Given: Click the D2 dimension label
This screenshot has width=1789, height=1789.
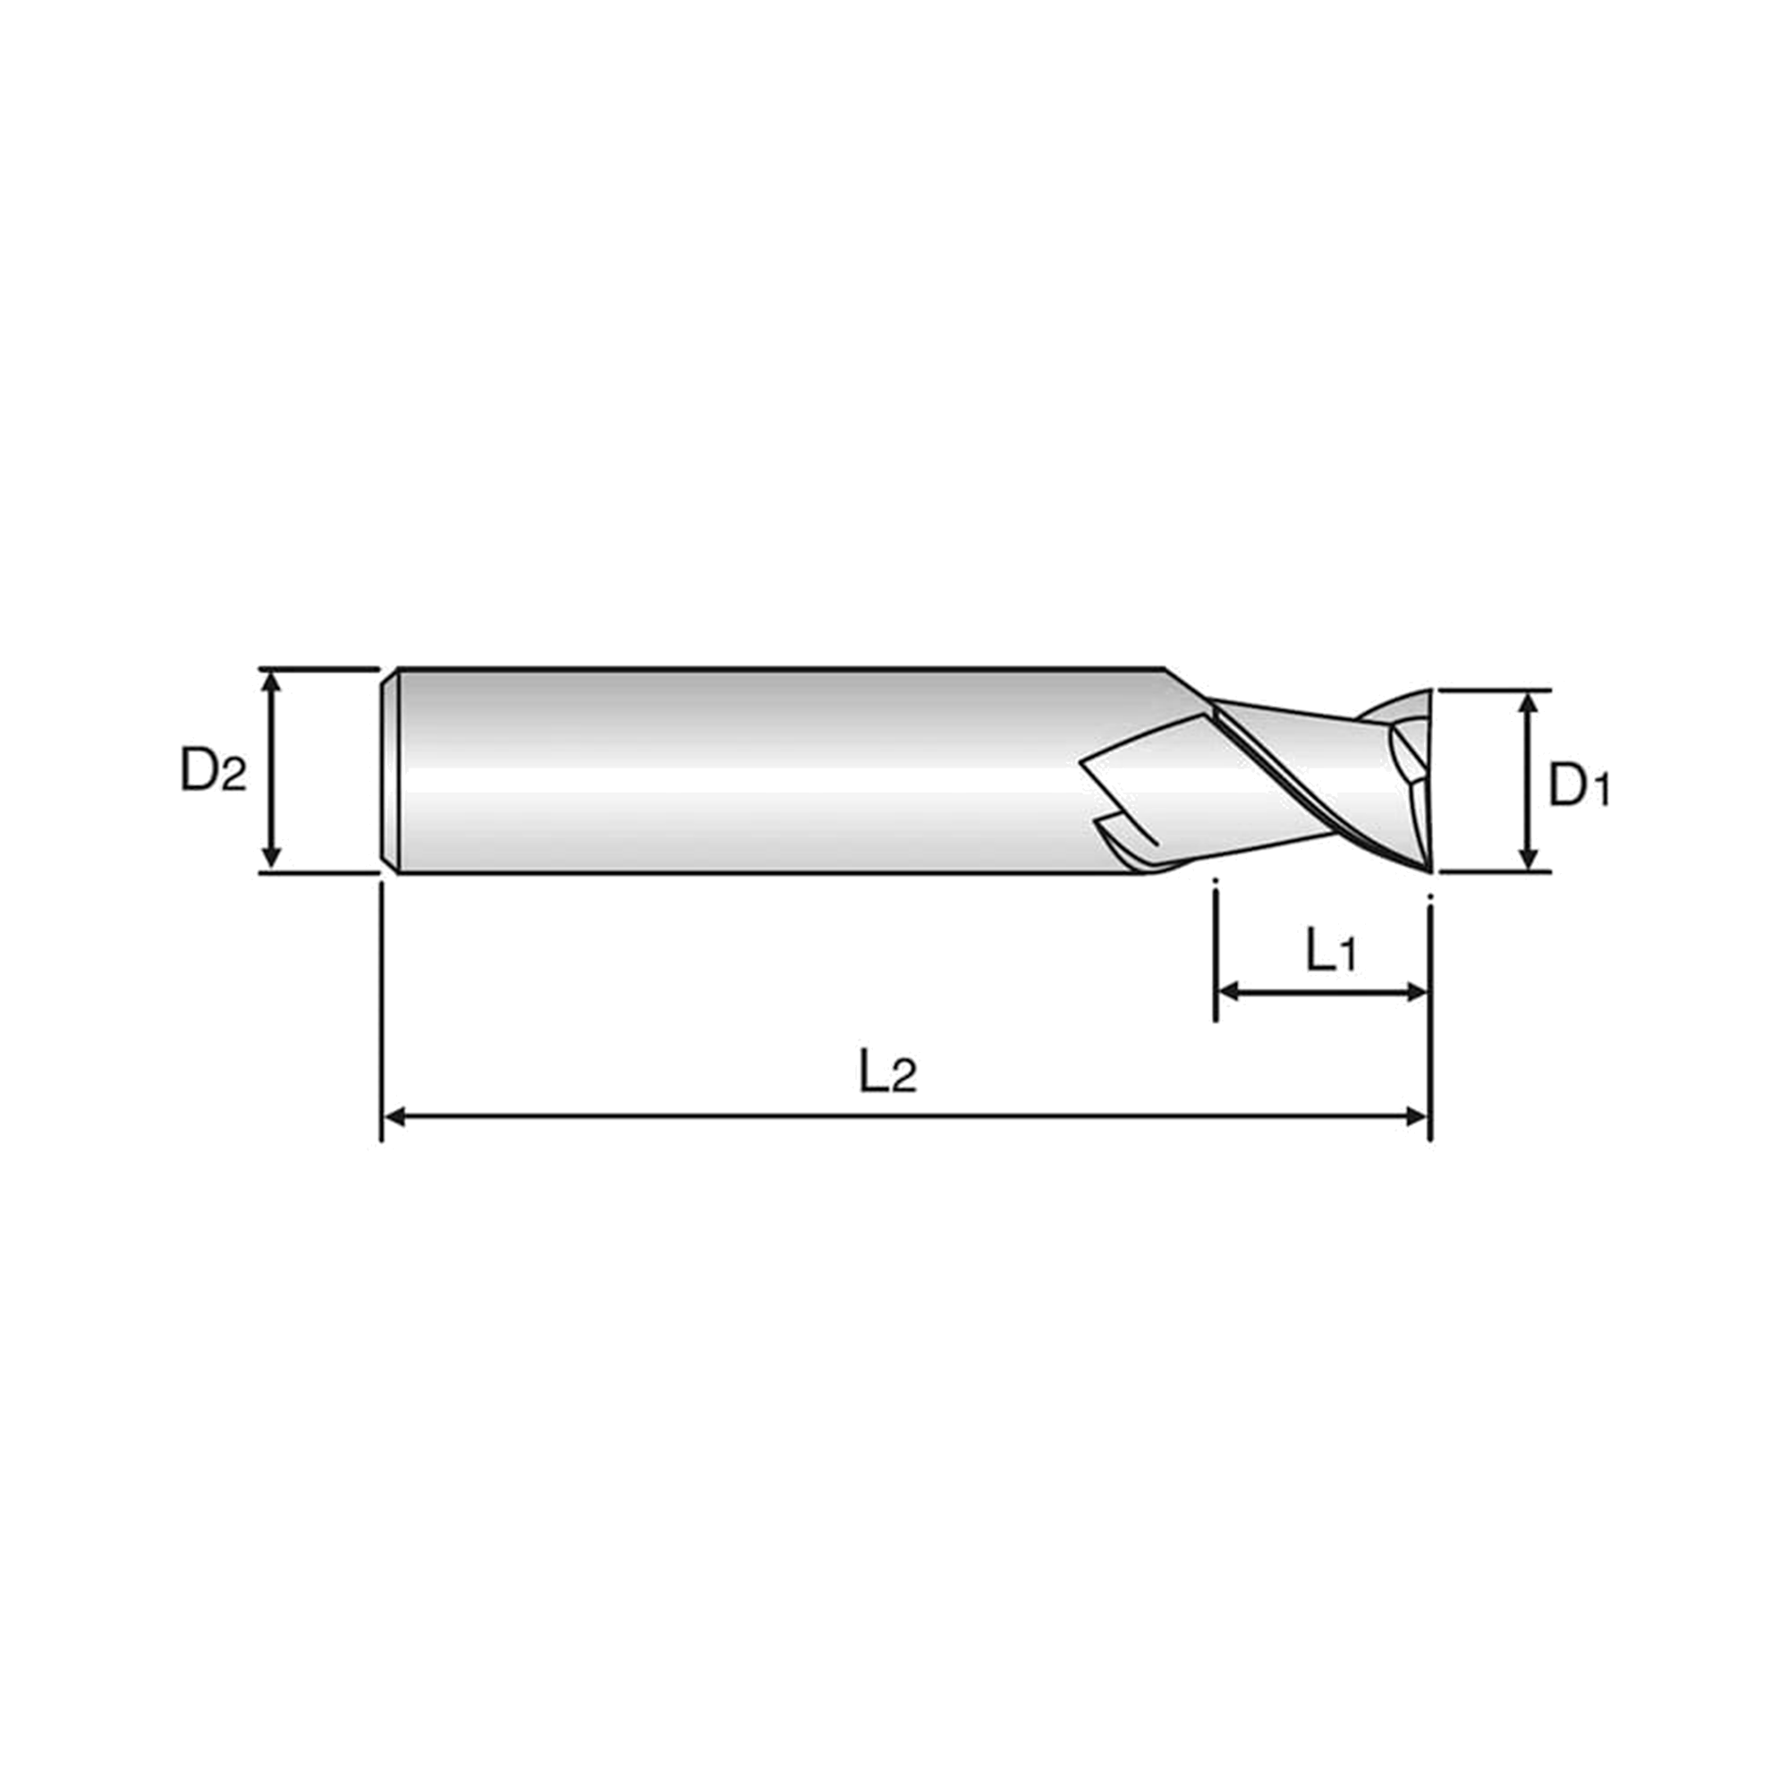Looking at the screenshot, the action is point(214,770).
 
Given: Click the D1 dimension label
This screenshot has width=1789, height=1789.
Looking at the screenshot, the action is point(1580,787).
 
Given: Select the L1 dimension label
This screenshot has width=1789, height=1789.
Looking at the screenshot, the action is point(1330,951).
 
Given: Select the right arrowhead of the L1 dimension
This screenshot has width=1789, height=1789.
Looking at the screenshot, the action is point(1418,993).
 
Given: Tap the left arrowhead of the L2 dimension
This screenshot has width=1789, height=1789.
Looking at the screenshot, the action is point(396,1116).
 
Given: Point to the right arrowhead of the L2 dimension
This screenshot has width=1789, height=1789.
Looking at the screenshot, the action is point(1418,1116).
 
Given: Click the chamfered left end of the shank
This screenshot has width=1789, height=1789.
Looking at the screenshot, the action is point(390,769).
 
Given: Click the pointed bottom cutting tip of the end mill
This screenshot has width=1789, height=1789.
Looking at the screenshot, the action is point(1429,869).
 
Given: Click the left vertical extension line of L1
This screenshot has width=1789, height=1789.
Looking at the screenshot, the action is point(1215,950).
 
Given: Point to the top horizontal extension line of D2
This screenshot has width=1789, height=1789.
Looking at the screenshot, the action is point(319,668).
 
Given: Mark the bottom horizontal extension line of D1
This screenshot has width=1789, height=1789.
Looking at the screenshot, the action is point(1495,871).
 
